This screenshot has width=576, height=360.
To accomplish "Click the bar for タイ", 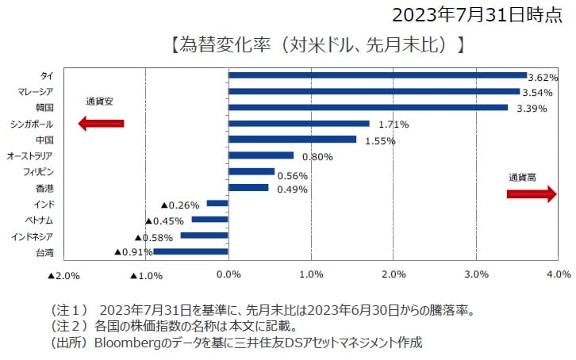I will click(x=377, y=75).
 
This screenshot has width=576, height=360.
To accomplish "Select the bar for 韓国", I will click(x=367, y=108).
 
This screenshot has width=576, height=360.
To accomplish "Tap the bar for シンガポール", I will click(x=298, y=124).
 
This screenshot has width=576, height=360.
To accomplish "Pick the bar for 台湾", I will click(x=190, y=251).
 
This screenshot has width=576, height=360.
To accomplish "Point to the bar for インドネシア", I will click(x=204, y=236).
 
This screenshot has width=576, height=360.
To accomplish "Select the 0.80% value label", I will click(x=317, y=157).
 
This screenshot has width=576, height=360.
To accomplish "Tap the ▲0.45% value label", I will click(x=167, y=220).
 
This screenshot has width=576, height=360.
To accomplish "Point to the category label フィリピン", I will click(x=38, y=172).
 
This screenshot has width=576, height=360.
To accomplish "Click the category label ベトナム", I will click(x=37, y=220).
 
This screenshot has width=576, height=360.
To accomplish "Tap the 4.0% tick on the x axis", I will click(x=559, y=275).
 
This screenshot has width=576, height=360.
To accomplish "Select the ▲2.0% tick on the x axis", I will click(x=63, y=275).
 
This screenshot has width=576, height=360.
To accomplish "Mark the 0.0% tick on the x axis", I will click(x=228, y=275).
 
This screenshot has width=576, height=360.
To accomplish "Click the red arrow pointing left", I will click(x=101, y=123).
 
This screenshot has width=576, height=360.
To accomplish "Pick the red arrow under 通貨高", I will click(x=531, y=195).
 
